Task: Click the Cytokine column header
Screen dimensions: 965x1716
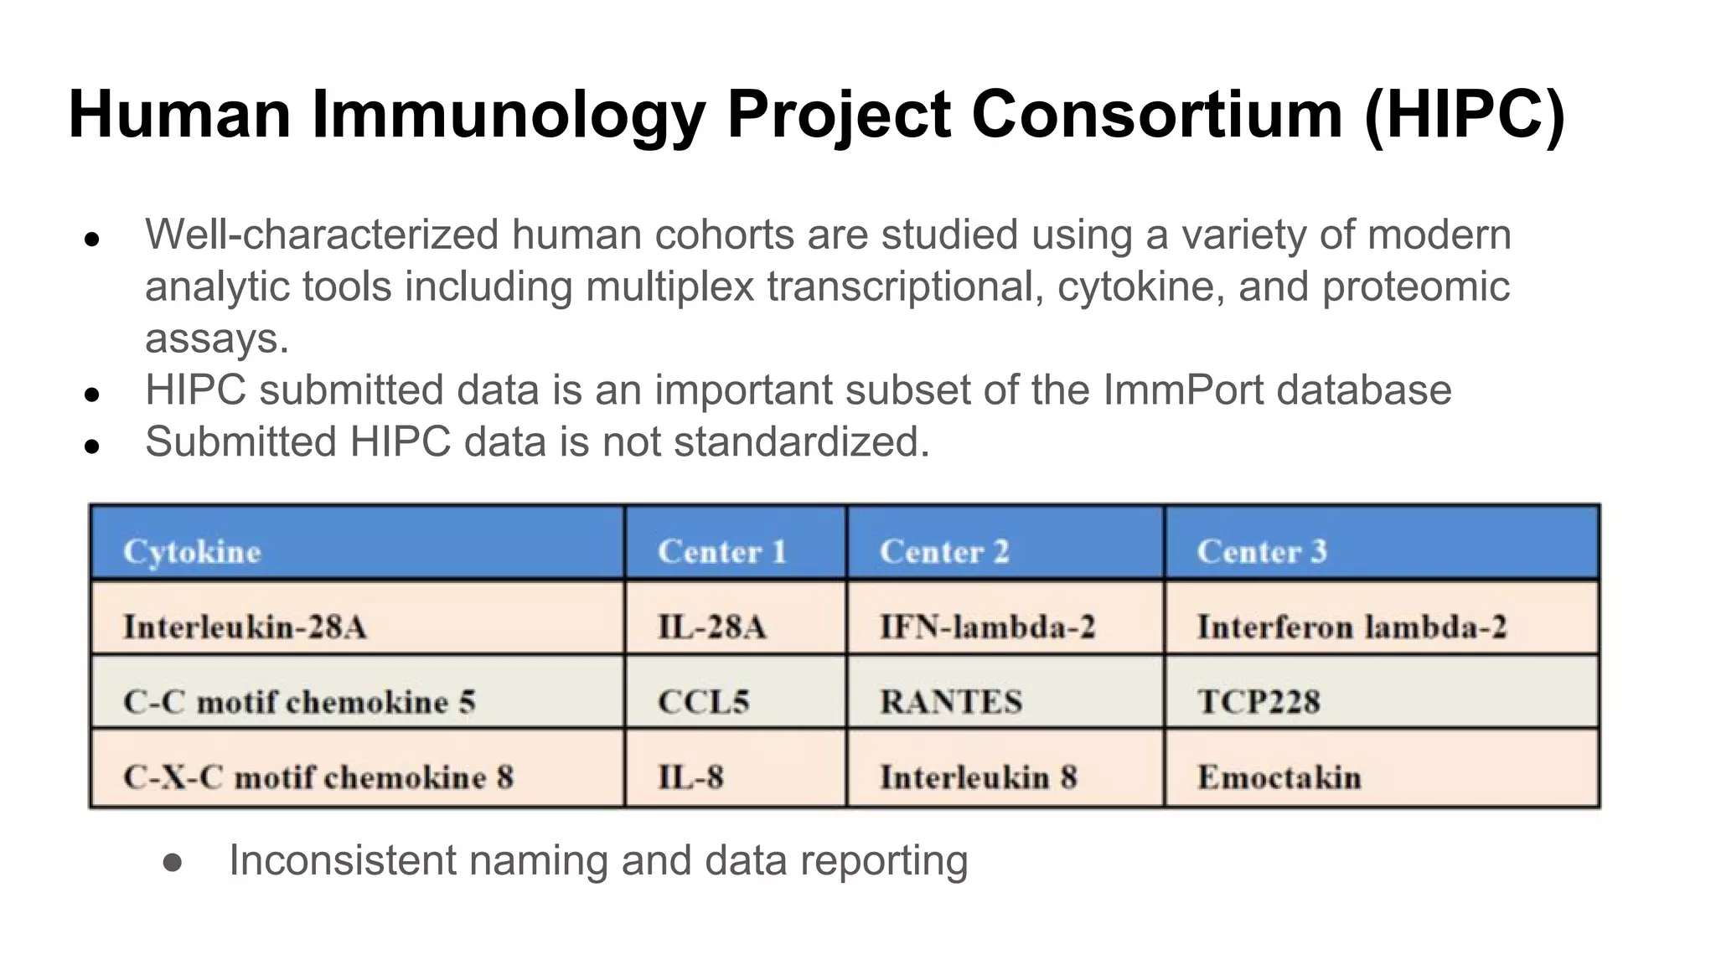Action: click(192, 552)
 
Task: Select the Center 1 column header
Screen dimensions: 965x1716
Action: click(721, 552)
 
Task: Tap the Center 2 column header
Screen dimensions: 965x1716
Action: click(944, 552)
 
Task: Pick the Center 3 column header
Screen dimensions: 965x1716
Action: click(1262, 552)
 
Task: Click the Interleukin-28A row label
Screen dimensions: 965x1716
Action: click(245, 627)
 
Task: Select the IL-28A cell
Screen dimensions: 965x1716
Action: click(711, 627)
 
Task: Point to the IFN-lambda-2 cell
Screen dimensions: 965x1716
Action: click(987, 627)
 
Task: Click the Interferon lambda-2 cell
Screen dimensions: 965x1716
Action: click(1352, 627)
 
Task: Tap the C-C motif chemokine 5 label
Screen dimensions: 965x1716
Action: click(299, 702)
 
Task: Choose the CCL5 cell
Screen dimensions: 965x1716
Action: click(703, 702)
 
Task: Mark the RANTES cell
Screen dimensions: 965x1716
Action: click(951, 702)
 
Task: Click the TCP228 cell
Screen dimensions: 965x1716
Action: click(1259, 702)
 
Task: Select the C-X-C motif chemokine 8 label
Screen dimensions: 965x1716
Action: click(318, 777)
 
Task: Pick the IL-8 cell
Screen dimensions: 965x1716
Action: click(690, 777)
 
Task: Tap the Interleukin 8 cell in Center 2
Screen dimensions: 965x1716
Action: click(978, 777)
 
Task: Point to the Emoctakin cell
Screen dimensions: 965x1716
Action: click(1279, 777)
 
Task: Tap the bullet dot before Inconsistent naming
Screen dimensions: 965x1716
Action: click(173, 863)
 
